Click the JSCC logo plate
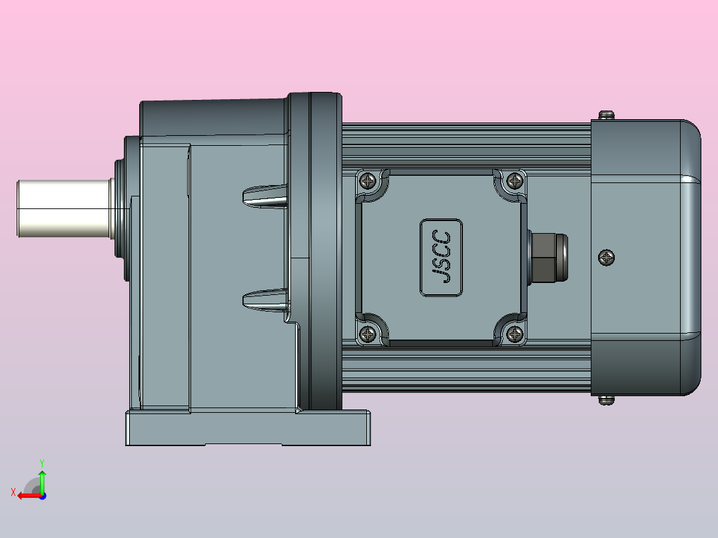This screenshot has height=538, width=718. [442, 257]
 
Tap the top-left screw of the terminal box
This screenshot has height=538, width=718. [368, 181]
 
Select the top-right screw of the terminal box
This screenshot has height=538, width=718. [515, 181]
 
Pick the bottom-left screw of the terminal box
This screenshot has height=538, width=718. [368, 334]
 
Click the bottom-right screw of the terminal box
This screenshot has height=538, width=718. [515, 334]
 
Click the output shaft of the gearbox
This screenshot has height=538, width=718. [64, 208]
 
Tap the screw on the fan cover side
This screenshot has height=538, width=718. [606, 257]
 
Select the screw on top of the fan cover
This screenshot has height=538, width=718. [606, 115]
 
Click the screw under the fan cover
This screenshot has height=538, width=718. [606, 400]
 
